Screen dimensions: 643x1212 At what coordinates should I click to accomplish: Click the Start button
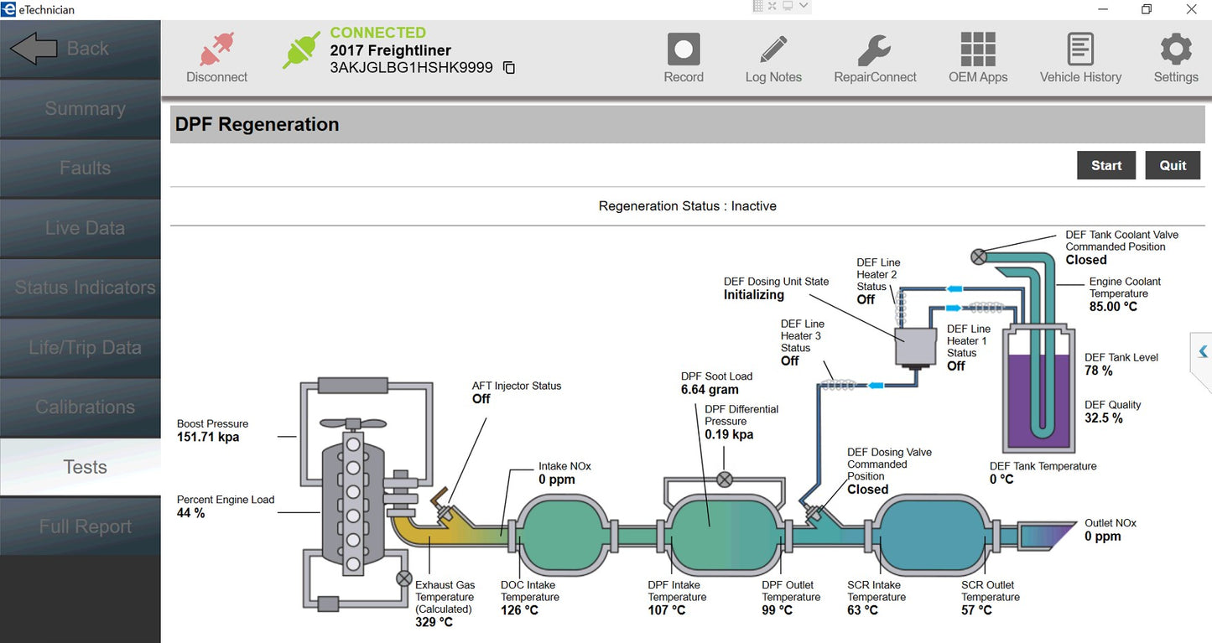[1105, 165]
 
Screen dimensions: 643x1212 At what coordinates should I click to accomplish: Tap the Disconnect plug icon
[216, 49]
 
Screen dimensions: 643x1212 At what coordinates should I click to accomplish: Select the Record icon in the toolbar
[684, 49]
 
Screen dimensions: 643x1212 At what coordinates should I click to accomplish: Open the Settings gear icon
[1175, 49]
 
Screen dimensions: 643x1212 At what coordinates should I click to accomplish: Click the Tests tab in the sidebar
[85, 467]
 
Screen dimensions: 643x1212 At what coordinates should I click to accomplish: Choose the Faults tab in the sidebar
[85, 169]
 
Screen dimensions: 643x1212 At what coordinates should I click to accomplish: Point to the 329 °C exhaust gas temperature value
[434, 622]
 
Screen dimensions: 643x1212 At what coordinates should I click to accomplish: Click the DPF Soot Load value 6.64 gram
[710, 390]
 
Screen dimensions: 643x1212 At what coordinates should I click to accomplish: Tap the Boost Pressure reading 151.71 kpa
[208, 437]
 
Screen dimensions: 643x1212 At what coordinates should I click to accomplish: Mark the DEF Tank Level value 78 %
[1098, 371]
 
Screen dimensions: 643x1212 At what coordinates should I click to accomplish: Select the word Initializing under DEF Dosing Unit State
[754, 295]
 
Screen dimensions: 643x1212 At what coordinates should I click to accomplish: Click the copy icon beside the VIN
[509, 68]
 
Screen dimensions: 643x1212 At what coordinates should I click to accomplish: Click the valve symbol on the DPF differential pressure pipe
[725, 480]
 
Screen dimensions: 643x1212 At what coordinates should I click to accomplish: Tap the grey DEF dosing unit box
[916, 345]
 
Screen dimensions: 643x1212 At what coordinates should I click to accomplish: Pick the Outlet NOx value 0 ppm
[1102, 536]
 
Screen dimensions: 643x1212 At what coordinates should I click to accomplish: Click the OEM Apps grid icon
[978, 49]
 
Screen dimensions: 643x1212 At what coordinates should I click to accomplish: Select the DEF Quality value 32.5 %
[1103, 417]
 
